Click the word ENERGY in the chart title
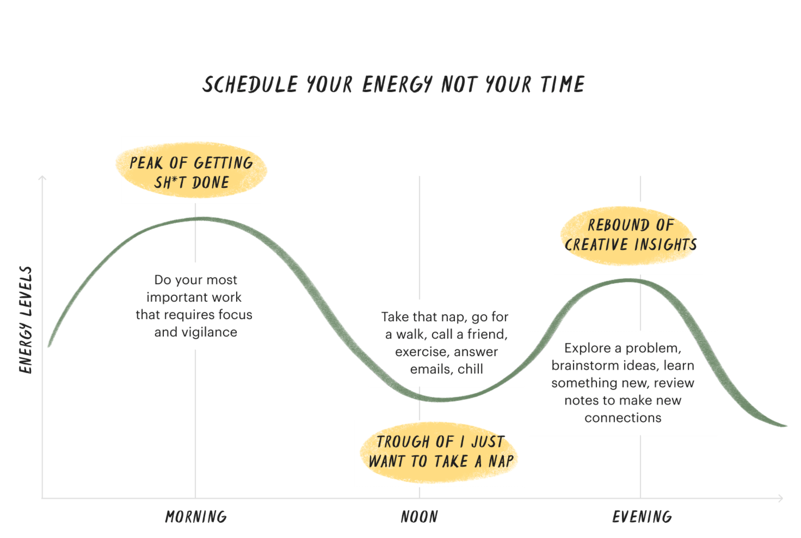[x=397, y=84]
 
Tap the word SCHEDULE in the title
[x=250, y=84]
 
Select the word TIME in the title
[x=563, y=84]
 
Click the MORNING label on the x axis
[x=196, y=517]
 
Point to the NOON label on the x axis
[x=419, y=517]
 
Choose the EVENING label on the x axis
[x=642, y=517]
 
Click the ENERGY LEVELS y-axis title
[x=26, y=320]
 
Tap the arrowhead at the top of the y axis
[x=42, y=178]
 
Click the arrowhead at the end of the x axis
[x=781, y=498]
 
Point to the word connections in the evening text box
[x=623, y=418]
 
